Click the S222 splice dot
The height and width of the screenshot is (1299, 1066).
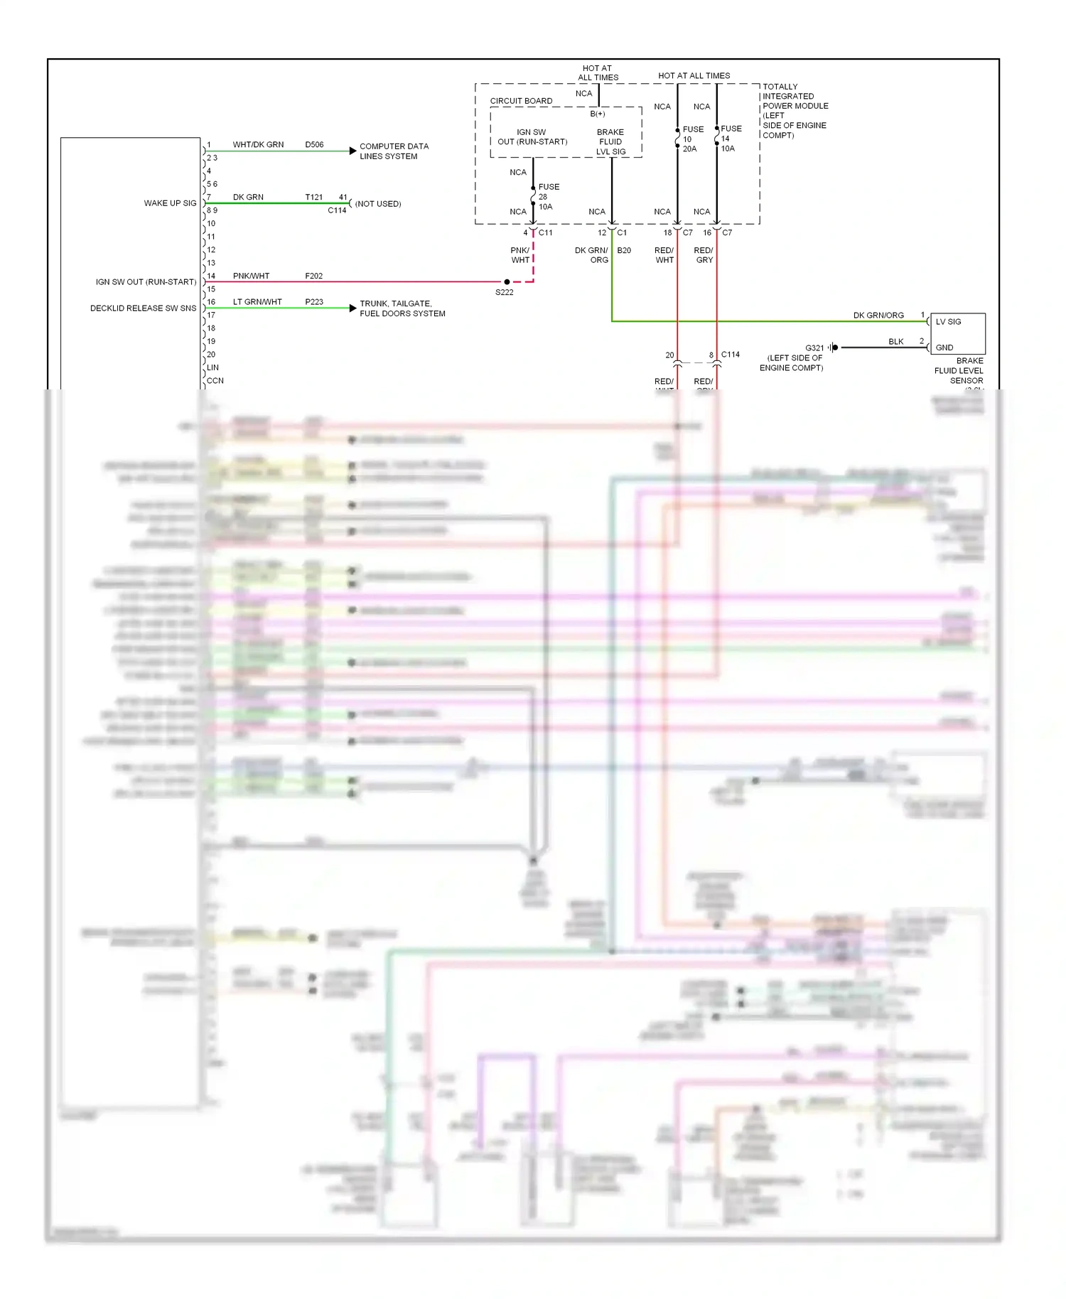pos(507,282)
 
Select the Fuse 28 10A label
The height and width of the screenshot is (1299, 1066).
pos(548,197)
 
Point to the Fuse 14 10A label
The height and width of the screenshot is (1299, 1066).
pos(731,139)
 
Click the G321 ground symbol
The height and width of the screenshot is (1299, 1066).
pos(834,347)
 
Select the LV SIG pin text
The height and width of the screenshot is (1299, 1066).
pos(948,322)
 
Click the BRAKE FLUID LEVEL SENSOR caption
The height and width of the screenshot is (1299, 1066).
pos(959,371)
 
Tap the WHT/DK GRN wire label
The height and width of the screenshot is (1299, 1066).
pos(258,145)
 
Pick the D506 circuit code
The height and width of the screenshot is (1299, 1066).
pos(314,145)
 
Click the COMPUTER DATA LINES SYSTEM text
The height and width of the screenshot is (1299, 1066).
pos(394,151)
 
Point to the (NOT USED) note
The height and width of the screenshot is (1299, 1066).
pos(378,204)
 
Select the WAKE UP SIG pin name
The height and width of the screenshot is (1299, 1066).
pos(170,203)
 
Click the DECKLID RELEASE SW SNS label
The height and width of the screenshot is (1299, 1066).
pos(143,308)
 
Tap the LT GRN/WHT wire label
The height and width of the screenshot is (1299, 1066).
pos(257,302)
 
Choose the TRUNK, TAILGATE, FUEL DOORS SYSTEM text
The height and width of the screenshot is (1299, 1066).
pos(402,308)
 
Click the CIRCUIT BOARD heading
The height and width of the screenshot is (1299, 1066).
pos(521,101)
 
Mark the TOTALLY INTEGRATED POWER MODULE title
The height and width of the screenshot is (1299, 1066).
pos(795,111)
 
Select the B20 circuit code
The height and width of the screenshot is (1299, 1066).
pos(624,251)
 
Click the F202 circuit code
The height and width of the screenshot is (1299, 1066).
pos(313,276)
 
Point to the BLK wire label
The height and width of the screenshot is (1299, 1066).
pos(895,342)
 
